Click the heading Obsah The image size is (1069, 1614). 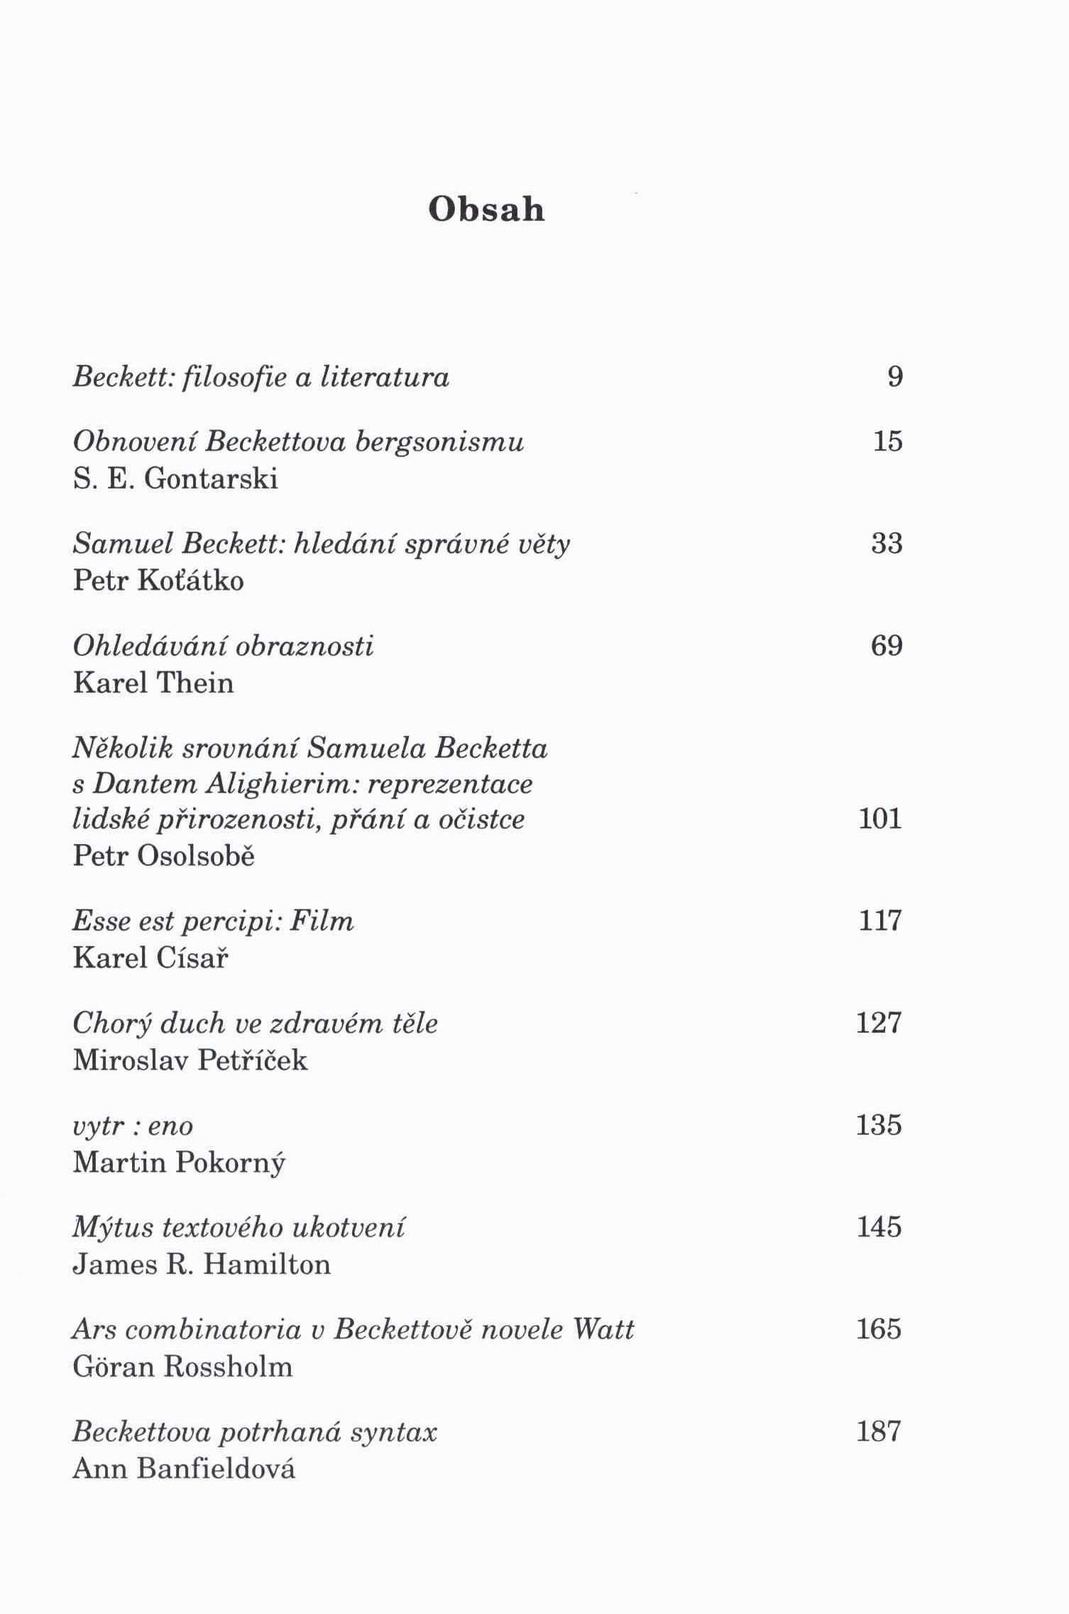pyautogui.click(x=486, y=209)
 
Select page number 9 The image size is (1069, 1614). pyautogui.click(x=895, y=376)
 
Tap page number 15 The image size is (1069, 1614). pyautogui.click(x=887, y=441)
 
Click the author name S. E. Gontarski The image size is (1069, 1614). pyautogui.click(x=175, y=479)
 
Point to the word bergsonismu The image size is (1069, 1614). pyautogui.click(x=439, y=441)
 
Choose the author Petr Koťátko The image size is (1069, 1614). pyautogui.click(x=158, y=581)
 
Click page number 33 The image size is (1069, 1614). pyautogui.click(x=887, y=544)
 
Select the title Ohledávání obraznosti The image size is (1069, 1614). pyautogui.click(x=223, y=646)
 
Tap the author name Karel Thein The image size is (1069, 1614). pyautogui.click(x=153, y=683)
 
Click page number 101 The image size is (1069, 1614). pyautogui.click(x=880, y=819)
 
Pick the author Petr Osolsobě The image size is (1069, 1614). pyautogui.click(x=164, y=856)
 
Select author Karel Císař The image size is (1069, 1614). pyautogui.click(x=150, y=958)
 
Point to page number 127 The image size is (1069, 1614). pyautogui.click(x=879, y=1023)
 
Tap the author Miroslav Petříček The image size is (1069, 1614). pyautogui.click(x=190, y=1060)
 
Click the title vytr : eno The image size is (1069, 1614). pyautogui.click(x=133, y=1126)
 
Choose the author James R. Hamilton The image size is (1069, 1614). pyautogui.click(x=202, y=1265)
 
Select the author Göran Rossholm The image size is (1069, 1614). pyautogui.click(x=182, y=1367)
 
